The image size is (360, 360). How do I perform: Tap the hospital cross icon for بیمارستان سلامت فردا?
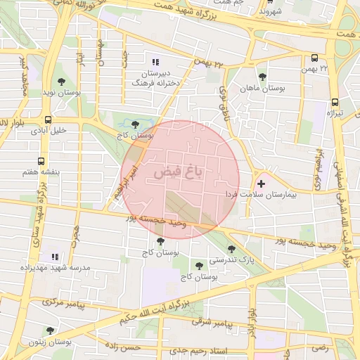tap(262, 183)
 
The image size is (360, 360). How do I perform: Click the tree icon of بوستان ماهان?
tap(262, 77)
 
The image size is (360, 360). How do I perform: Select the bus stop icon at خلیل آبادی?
tap(48, 120)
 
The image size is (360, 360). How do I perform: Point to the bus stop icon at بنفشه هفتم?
tap(41, 161)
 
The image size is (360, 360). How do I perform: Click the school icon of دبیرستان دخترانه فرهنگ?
tap(155, 62)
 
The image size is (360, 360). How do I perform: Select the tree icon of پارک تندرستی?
tap(232, 249)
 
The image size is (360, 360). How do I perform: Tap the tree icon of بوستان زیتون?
tap(49, 330)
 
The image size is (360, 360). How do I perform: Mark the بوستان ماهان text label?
tap(261, 89)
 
